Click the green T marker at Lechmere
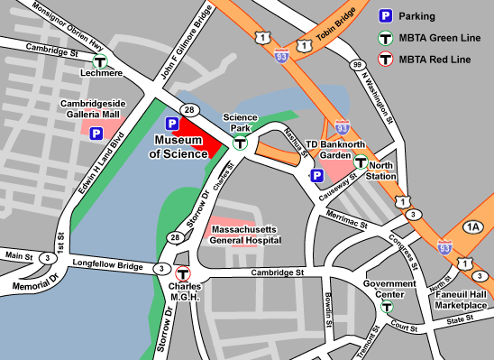[101, 62]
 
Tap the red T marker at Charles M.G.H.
[183, 274]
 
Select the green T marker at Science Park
[241, 143]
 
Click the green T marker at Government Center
[387, 308]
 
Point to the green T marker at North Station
[361, 162]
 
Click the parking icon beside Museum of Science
[171, 124]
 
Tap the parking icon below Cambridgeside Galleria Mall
[95, 134]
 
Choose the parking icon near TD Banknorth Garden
[316, 176]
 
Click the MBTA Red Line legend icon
[384, 60]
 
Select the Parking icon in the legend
[384, 15]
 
